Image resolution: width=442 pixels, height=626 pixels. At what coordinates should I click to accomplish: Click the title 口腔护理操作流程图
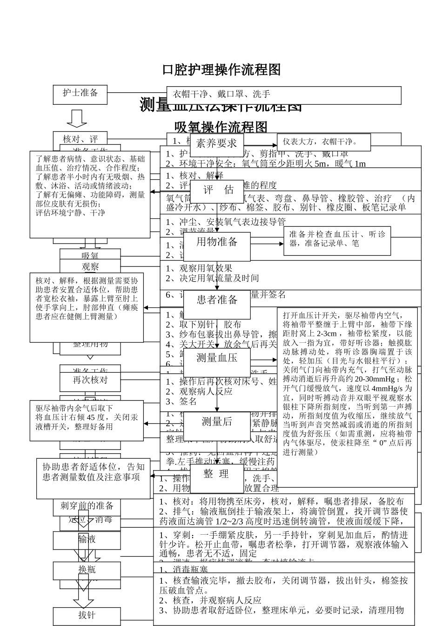tap(221, 70)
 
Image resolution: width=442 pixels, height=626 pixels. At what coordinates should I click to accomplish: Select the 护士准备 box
tap(80, 93)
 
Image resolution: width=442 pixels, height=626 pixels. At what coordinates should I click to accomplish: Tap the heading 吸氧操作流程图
tap(221, 127)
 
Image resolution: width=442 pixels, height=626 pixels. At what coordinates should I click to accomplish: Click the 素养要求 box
tap(217, 143)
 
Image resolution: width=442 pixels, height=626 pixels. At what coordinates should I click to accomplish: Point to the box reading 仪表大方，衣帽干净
tap(323, 142)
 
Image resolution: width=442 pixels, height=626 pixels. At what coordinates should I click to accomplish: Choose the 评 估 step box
tap(217, 191)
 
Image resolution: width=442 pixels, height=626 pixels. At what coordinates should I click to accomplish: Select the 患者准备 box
tap(217, 300)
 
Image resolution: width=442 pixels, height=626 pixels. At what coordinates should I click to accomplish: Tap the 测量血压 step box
tap(217, 358)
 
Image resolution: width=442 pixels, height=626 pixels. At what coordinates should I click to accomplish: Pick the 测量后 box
tap(217, 422)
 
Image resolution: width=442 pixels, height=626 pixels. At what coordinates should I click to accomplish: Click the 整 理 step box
tap(216, 475)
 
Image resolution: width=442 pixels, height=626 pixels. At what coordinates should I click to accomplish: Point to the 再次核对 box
tap(90, 380)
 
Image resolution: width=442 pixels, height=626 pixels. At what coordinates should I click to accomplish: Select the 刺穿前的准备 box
tap(87, 506)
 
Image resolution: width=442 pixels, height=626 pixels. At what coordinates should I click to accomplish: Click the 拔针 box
tap(87, 615)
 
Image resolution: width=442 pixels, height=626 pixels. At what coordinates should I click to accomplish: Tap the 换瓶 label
tap(87, 570)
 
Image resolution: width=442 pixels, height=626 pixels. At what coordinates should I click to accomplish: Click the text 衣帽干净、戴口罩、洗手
tap(221, 95)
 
